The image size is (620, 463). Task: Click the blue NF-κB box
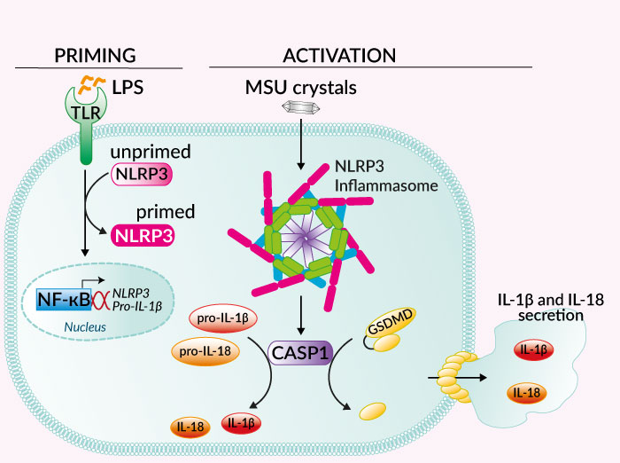[65, 300]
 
